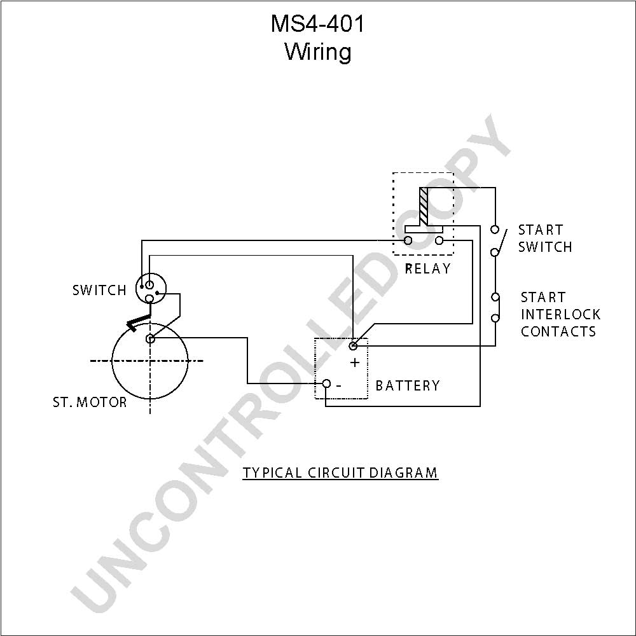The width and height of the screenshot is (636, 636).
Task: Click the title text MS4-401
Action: [x=317, y=24]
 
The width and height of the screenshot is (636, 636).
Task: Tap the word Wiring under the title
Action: [x=318, y=52]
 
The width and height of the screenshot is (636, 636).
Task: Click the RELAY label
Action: [x=428, y=268]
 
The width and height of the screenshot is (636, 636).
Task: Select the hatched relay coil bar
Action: [x=424, y=207]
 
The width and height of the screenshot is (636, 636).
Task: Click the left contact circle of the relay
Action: [x=408, y=241]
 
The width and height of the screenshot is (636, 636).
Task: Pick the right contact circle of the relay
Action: [x=439, y=241]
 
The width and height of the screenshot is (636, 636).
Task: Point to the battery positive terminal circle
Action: [x=353, y=345]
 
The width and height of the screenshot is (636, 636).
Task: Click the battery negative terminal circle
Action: [x=326, y=384]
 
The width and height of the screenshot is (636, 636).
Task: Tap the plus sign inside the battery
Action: [x=355, y=363]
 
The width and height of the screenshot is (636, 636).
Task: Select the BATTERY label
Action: [x=408, y=385]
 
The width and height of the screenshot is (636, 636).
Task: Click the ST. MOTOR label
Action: [x=90, y=402]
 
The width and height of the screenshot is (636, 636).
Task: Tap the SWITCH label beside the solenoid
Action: [x=99, y=290]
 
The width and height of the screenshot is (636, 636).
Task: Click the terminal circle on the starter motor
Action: [x=150, y=338]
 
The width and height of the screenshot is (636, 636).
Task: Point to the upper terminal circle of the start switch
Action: [x=494, y=230]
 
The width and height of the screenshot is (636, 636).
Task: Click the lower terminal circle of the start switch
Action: [x=494, y=252]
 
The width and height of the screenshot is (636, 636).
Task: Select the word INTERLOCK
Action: [x=560, y=314]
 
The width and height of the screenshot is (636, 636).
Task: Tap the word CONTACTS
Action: [x=558, y=331]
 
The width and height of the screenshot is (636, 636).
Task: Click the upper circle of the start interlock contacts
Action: [x=495, y=297]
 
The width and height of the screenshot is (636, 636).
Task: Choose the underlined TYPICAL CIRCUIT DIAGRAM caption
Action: [x=340, y=473]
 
